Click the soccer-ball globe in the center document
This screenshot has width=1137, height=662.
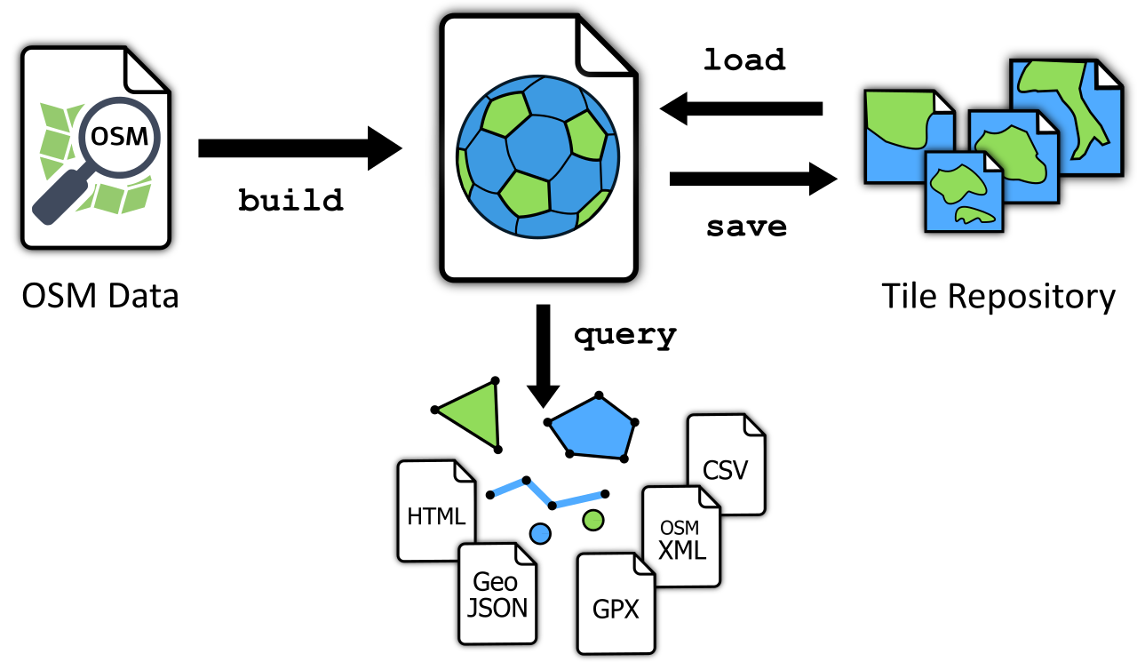(537, 156)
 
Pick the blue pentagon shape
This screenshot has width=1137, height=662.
(592, 428)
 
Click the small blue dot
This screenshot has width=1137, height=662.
(540, 533)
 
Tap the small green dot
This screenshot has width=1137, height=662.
(593, 520)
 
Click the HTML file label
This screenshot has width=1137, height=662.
(435, 516)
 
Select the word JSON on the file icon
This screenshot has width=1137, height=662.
(497, 608)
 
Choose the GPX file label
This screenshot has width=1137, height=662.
(615, 610)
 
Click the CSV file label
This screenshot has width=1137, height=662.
(725, 470)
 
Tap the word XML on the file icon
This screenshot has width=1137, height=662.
(681, 550)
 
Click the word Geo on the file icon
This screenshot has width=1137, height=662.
(495, 582)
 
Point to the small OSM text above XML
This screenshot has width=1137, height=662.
(680, 529)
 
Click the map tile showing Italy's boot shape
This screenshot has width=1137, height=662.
(1066, 116)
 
